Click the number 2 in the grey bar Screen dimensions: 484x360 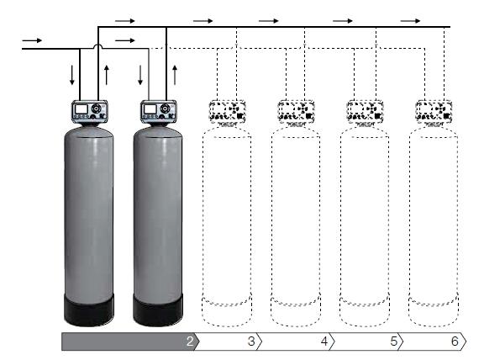click(x=190, y=341)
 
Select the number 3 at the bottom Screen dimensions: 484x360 click(x=251, y=341)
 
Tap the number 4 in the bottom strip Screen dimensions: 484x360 click(x=324, y=341)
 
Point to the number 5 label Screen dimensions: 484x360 click(x=393, y=341)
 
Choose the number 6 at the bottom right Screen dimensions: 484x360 click(x=455, y=341)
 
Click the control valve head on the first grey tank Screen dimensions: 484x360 click(x=90, y=111)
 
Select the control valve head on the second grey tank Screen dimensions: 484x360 click(x=159, y=111)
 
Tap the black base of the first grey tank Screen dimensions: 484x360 click(x=89, y=310)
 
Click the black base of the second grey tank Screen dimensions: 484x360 click(x=158, y=310)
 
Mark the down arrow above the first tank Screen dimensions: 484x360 click(x=72, y=75)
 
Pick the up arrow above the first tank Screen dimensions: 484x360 click(x=107, y=75)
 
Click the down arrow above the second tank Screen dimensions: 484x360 click(x=140, y=75)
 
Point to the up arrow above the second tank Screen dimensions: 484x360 click(x=175, y=75)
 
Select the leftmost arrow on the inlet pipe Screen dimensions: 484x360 click(x=32, y=40)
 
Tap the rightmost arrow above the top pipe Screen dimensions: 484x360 click(x=410, y=21)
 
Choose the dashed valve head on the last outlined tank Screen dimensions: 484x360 click(x=434, y=112)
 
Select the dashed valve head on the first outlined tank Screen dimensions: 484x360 click(x=228, y=112)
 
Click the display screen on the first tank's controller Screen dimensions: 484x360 click(x=82, y=109)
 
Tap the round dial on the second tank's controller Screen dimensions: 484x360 click(x=166, y=109)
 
